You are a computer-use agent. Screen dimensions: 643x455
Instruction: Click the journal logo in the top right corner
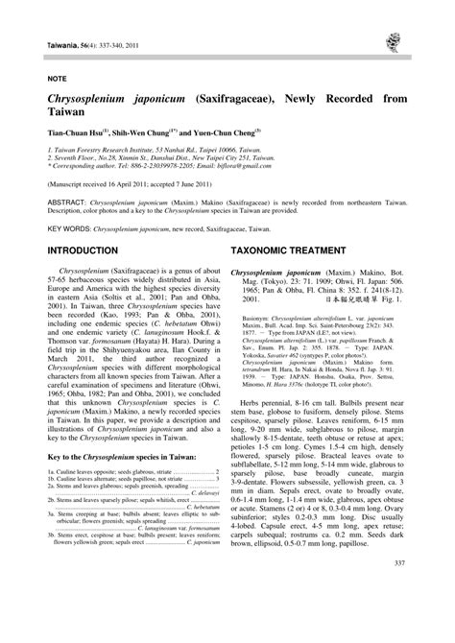394,40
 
